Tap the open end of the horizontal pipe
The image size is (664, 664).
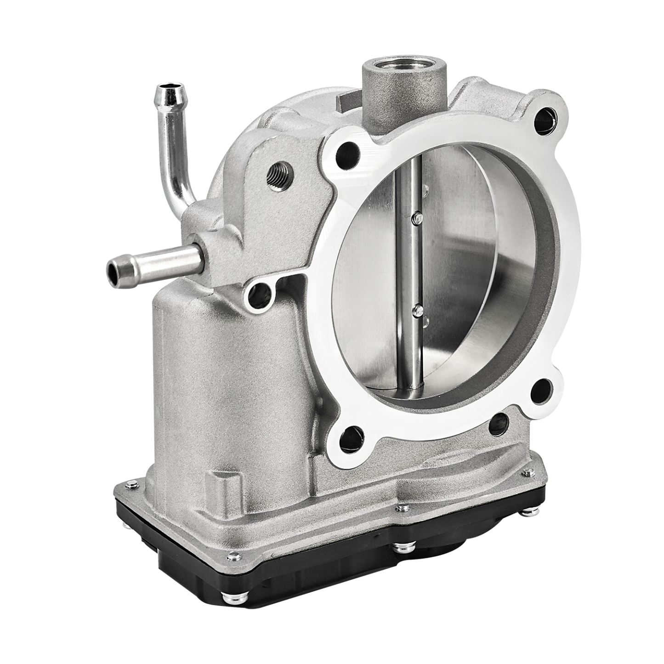coord(113,270)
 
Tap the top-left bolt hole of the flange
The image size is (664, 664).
coord(347,153)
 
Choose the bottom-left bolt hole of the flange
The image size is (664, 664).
coord(353,434)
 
